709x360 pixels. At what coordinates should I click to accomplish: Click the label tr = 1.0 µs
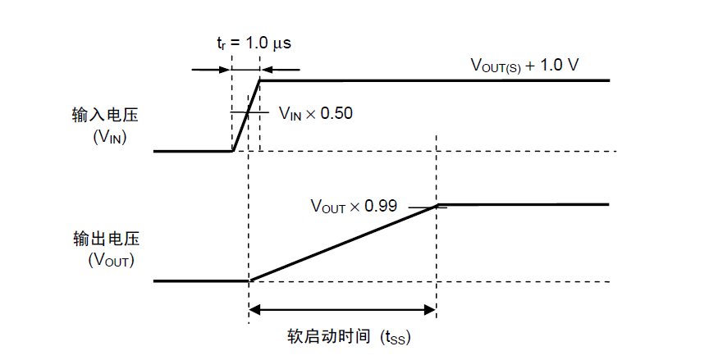point(254,43)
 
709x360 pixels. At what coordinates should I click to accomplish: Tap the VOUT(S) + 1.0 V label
point(524,66)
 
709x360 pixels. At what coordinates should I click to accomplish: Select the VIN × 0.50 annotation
point(316,113)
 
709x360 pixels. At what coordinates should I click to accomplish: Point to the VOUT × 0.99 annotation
point(354,206)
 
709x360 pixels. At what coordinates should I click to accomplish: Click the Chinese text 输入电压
point(105,115)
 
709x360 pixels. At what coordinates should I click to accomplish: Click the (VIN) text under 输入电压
point(109,136)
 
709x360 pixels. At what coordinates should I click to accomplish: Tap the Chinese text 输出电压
point(106,239)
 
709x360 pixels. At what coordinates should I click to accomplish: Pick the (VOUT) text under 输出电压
point(111,260)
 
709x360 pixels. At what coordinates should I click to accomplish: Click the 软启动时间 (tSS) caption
point(349,337)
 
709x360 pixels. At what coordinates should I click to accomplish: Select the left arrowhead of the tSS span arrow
point(254,310)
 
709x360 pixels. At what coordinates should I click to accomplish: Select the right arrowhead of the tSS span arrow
point(429,310)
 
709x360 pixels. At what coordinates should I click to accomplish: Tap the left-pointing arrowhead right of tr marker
point(267,70)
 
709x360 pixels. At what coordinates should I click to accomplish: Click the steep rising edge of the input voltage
point(246,116)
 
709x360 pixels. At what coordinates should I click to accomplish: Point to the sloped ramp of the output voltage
point(344,243)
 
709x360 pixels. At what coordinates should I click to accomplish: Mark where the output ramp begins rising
point(250,281)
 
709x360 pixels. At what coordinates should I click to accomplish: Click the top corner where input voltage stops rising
point(260,80)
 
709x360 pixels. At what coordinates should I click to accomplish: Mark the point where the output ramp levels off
point(437,205)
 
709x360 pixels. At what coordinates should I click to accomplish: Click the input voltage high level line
point(435,80)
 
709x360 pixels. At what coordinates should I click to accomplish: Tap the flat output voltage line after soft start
point(524,205)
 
